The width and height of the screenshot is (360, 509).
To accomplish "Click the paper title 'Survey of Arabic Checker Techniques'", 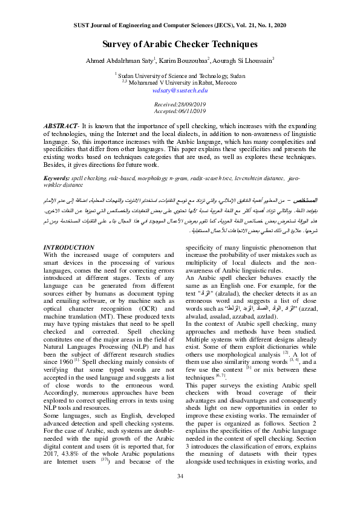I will (x=180, y=44).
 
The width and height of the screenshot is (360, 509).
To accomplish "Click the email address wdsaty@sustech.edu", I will (x=180, y=89).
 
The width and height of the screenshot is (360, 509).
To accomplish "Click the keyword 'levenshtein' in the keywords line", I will (x=243, y=180).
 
